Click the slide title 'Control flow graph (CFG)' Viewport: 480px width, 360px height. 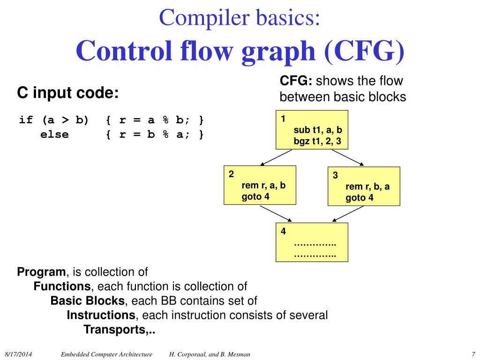[x=240, y=52]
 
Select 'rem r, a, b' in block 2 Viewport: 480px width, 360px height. [x=263, y=185]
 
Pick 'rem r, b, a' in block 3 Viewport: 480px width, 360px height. [x=367, y=187]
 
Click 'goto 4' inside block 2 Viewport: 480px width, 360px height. [x=255, y=196]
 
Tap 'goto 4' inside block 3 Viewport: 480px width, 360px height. [x=360, y=197]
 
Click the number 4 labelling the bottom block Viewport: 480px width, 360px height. [x=283, y=231]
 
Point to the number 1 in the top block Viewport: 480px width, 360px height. [x=283, y=119]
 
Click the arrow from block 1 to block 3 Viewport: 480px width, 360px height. [x=347, y=158]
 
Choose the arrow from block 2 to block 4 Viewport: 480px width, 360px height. [x=277, y=214]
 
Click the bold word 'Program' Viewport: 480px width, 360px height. [x=42, y=272]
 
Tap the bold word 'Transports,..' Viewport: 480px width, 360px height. [x=119, y=330]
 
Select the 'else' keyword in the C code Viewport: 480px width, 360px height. [x=54, y=135]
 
